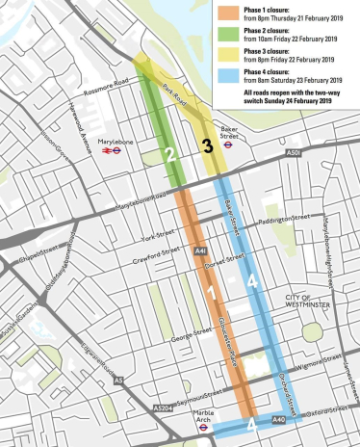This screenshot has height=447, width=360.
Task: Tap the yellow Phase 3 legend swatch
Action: pyautogui.click(x=227, y=68)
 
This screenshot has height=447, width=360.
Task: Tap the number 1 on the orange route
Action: pyautogui.click(x=209, y=292)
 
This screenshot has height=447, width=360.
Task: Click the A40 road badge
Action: pyautogui.click(x=279, y=420)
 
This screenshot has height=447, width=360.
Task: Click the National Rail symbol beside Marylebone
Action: pyautogui.click(x=96, y=150)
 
